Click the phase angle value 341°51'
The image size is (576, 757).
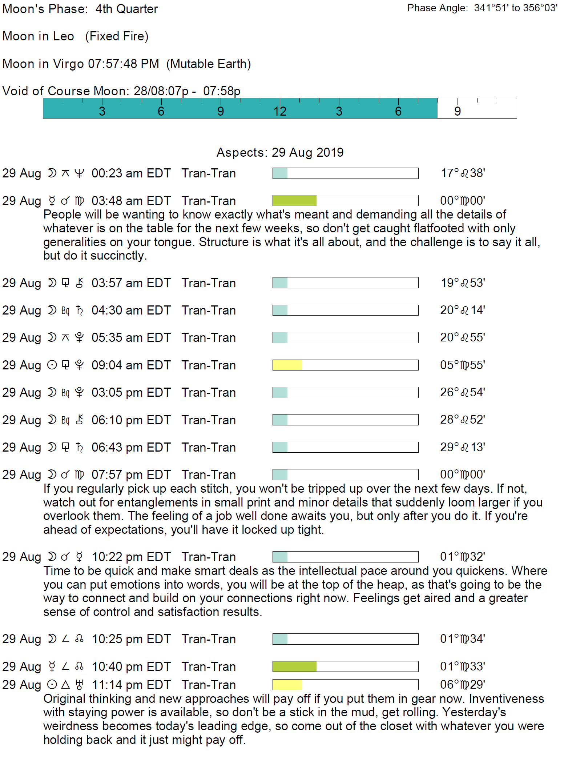[x=491, y=8]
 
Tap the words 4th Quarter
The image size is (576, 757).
[x=126, y=9]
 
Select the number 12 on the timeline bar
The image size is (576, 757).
[x=280, y=111]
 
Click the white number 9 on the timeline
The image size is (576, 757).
[x=458, y=111]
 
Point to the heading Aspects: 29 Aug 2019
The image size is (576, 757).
[x=280, y=152]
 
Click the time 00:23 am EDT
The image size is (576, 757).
[x=131, y=173]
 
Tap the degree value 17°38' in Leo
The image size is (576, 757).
[x=463, y=173]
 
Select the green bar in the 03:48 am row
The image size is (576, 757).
[x=294, y=200]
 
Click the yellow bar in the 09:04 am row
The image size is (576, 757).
[x=287, y=365]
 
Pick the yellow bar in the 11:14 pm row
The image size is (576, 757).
[x=287, y=685]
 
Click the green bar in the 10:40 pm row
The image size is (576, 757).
[x=294, y=666]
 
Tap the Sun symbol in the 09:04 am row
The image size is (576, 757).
[x=52, y=365]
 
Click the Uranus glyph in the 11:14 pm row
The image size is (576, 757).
[x=79, y=685]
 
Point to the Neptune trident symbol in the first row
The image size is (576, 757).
[x=79, y=173]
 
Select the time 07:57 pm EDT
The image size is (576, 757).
[x=131, y=474]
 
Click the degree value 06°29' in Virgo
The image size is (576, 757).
[x=462, y=685]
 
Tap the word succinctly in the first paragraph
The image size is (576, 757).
[x=118, y=256]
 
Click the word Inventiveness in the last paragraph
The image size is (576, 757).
[x=506, y=698]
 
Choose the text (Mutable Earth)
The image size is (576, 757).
[x=209, y=64]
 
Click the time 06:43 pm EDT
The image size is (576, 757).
[x=131, y=447]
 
